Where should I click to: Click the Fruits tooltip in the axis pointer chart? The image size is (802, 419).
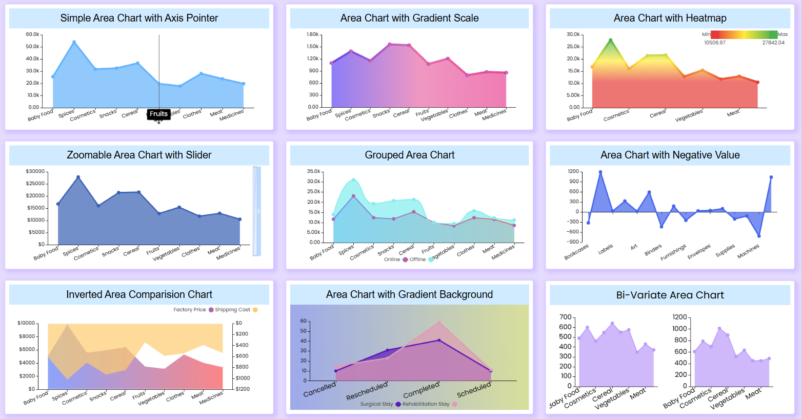coord(158,114)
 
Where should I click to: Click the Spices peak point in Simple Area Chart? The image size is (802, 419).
coord(74,42)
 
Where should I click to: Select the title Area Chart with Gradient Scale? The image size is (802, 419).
coord(409,18)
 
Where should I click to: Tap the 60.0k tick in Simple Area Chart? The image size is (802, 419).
coord(32,34)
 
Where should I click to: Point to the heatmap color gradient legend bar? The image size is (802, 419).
coord(744,34)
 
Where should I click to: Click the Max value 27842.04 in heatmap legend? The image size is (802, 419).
coord(773,43)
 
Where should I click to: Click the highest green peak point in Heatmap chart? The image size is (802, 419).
coord(610,40)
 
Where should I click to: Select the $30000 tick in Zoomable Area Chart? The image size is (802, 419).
coord(35,171)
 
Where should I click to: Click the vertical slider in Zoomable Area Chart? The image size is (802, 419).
coord(256,211)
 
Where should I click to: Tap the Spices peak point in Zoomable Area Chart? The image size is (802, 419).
coord(78,177)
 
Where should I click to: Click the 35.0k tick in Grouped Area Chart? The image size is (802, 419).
coord(313,171)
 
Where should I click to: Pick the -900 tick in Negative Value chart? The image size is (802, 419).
coord(573,242)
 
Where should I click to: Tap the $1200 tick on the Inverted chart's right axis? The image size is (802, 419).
coord(243,389)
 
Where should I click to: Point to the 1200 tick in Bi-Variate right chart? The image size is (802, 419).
coord(679,317)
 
